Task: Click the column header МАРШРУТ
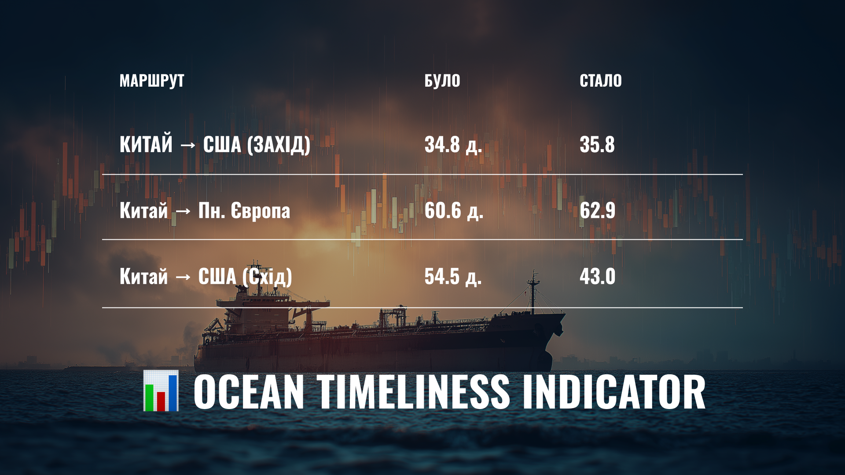click(152, 81)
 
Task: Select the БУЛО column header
click(442, 81)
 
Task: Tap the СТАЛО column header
click(601, 81)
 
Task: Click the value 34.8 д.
click(453, 145)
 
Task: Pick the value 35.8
click(597, 145)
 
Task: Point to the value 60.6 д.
click(454, 211)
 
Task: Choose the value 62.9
click(597, 211)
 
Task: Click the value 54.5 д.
click(453, 277)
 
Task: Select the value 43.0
click(597, 277)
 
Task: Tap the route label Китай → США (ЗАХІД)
click(215, 145)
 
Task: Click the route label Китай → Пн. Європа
click(205, 211)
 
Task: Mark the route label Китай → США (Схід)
click(206, 277)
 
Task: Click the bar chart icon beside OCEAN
click(161, 391)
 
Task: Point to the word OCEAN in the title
click(249, 392)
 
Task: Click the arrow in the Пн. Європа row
click(183, 212)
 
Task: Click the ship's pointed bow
click(564, 314)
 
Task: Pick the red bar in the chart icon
click(161, 401)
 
